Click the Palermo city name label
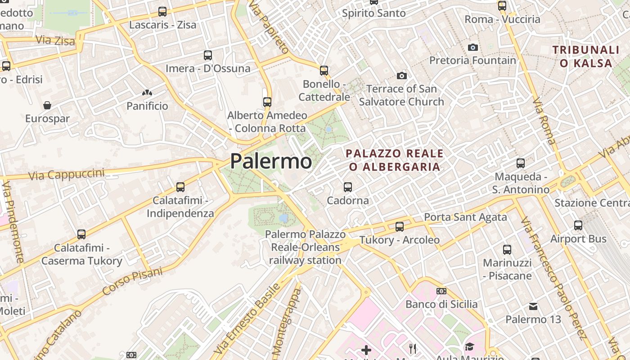tap(271, 162)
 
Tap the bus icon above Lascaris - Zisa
tap(162, 12)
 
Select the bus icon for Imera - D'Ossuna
tap(208, 55)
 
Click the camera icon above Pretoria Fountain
tap(472, 47)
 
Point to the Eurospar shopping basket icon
tap(47, 105)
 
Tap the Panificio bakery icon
tap(147, 93)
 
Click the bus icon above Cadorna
tap(347, 187)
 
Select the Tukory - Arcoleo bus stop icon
tap(400, 226)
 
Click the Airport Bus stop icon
tap(578, 225)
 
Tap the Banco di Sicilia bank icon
tap(441, 291)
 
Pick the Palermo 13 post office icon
tap(533, 306)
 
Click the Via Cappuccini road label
tap(67, 174)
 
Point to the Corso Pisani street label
tap(132, 281)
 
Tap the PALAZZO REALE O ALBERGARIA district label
tap(395, 160)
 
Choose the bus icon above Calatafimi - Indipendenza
tap(180, 187)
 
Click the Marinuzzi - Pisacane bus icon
tap(507, 249)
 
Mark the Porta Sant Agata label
tap(465, 217)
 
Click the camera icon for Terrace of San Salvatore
tap(402, 76)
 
